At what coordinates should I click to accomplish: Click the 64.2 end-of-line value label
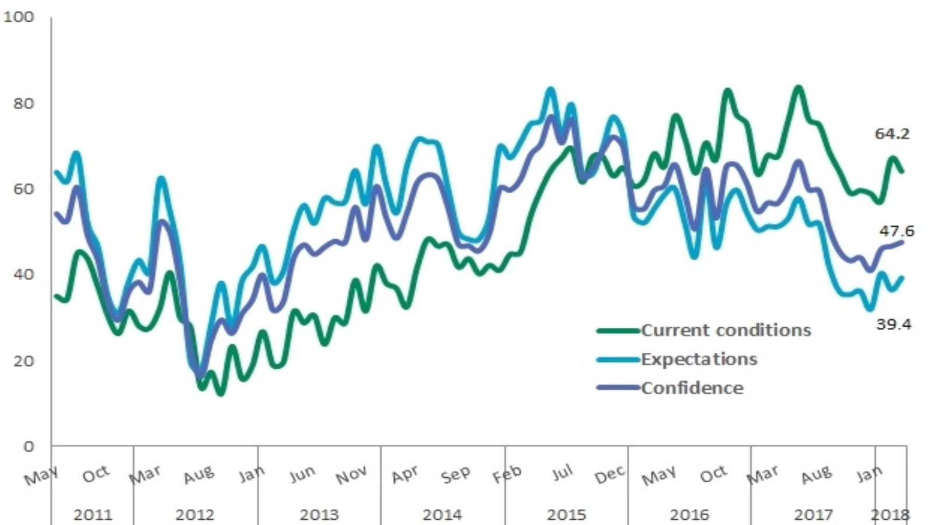(x=892, y=134)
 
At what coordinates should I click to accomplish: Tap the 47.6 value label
(x=897, y=231)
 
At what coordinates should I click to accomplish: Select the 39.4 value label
(x=894, y=324)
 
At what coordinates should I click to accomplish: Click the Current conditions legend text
(x=726, y=330)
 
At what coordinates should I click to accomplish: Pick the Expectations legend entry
(x=699, y=359)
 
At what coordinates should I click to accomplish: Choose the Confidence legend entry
(x=692, y=388)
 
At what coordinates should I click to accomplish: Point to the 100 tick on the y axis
(x=19, y=17)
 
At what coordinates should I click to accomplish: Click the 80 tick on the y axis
(x=23, y=104)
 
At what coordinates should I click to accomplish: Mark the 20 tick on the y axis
(x=23, y=361)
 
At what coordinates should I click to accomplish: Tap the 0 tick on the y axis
(x=29, y=447)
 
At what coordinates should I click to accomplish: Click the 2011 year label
(x=93, y=515)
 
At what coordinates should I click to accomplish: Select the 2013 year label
(x=319, y=515)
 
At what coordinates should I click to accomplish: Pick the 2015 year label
(x=566, y=515)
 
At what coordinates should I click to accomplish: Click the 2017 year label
(x=814, y=515)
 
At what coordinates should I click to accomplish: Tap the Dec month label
(x=610, y=475)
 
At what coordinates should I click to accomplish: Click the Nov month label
(x=351, y=475)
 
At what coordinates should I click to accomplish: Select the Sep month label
(x=455, y=474)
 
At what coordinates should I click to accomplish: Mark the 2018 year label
(x=890, y=515)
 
